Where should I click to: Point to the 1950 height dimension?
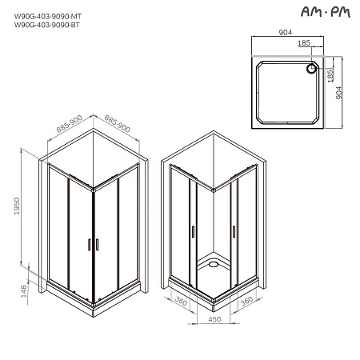coord(28,210)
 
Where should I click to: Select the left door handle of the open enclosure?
coord(192,232)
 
